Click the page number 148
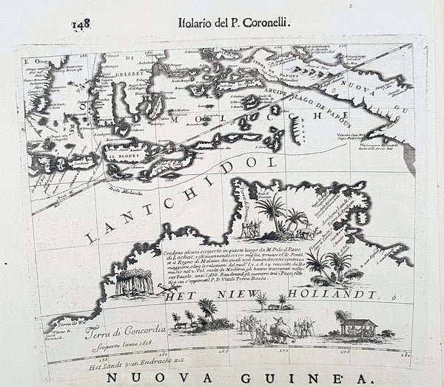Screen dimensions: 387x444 pos(82,21)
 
